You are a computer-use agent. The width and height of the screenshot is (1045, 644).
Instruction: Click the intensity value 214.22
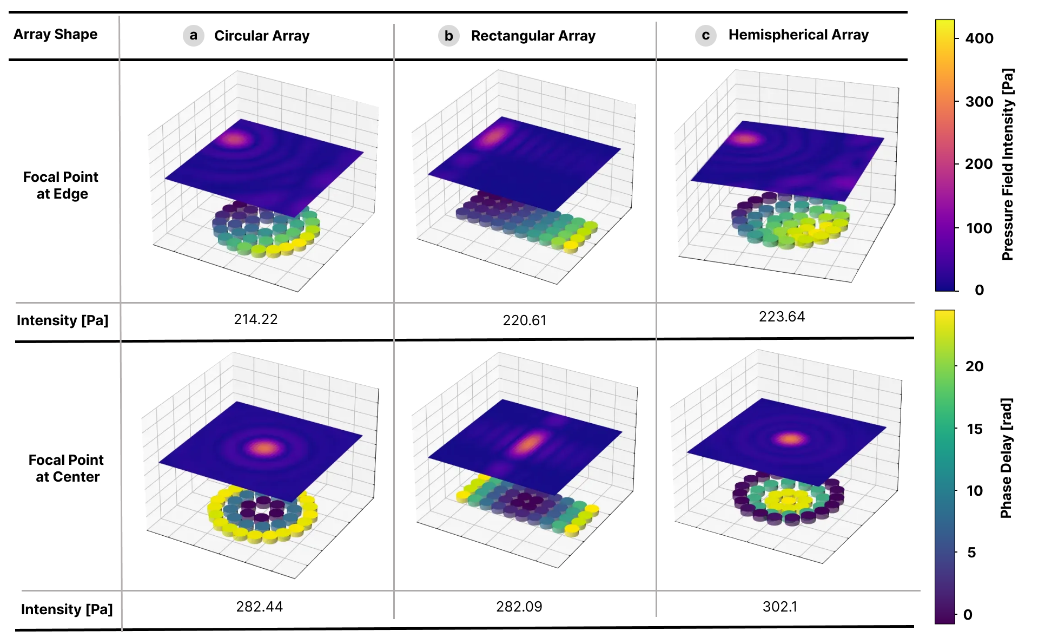[255, 319]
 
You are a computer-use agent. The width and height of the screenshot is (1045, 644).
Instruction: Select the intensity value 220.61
[524, 320]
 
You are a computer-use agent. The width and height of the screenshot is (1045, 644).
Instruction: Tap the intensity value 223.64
[782, 317]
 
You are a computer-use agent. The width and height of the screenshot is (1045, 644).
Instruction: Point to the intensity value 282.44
[259, 607]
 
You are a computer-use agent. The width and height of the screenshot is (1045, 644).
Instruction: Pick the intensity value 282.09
[519, 607]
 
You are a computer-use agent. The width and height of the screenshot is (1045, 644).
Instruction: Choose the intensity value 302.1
[779, 607]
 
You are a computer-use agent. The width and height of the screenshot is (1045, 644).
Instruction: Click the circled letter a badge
[193, 36]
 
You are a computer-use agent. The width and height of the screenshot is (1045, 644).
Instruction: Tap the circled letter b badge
[448, 36]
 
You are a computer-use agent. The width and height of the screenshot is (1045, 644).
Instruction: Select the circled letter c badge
[705, 36]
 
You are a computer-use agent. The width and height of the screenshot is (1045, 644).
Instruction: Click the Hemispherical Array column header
[798, 35]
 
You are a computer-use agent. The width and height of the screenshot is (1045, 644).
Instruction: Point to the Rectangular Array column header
[533, 36]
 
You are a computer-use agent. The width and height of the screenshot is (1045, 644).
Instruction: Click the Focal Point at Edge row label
[61, 185]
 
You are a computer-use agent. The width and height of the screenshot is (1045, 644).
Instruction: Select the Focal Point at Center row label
[67, 468]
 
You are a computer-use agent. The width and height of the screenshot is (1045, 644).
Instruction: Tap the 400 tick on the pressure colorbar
[979, 38]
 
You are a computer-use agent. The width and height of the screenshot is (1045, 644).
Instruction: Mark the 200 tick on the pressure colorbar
[978, 164]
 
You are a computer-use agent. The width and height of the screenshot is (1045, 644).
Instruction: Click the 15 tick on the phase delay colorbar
[974, 429]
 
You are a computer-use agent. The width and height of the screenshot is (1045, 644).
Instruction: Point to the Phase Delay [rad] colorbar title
[1006, 458]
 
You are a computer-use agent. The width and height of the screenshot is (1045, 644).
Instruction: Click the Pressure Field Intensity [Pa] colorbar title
[1007, 164]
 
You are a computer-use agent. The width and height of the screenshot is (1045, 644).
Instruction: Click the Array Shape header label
[55, 34]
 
